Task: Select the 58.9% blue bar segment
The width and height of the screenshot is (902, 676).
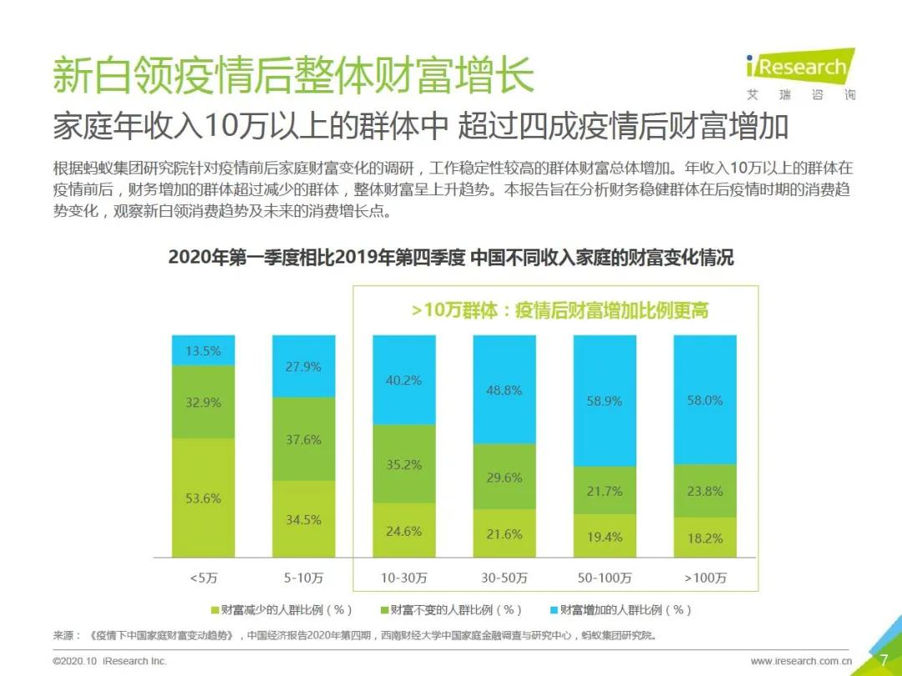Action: [605, 401]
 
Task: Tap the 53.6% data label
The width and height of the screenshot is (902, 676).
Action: [203, 498]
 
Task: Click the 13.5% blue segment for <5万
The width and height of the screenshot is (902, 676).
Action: [203, 351]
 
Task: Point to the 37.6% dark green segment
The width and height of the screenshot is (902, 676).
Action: [303, 439]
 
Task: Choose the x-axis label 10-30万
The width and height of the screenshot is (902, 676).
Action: [404, 578]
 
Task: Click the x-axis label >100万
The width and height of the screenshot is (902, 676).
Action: [705, 578]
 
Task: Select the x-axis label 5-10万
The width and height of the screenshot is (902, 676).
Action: [303, 578]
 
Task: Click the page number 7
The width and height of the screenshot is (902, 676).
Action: [884, 660]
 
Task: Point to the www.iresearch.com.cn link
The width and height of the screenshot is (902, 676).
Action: [801, 661]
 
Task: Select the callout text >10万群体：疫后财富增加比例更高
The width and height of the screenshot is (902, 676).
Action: [560, 310]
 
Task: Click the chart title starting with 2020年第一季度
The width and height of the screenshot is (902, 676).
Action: [451, 257]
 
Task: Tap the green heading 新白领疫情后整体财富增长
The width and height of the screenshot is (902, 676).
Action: [293, 76]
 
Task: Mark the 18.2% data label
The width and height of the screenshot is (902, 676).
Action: [705, 538]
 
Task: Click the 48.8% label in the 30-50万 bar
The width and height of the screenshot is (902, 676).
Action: [504, 390]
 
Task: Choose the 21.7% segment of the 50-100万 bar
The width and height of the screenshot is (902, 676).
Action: [605, 491]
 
